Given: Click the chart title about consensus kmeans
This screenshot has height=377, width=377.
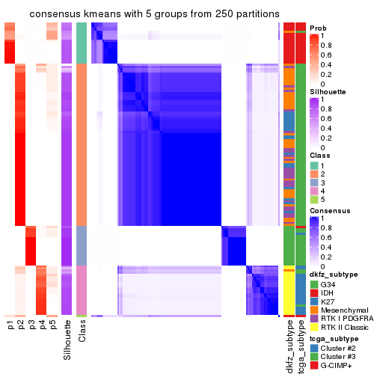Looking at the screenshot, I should point(144,14).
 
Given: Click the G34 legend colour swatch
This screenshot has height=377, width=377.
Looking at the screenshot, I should point(314,284).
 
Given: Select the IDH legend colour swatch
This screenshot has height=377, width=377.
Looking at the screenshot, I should point(314,295).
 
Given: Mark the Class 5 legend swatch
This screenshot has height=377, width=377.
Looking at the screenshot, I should point(314,200).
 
